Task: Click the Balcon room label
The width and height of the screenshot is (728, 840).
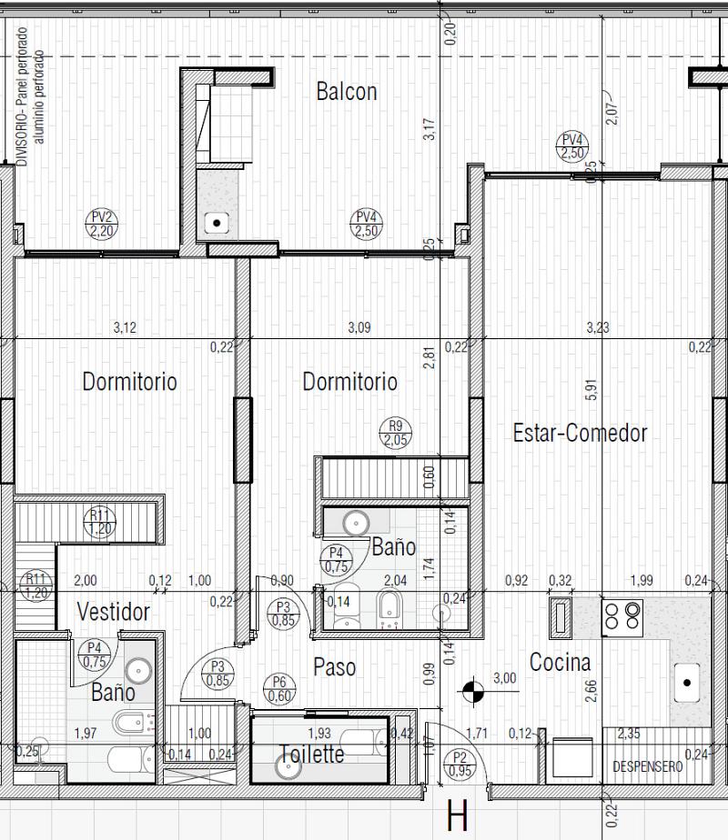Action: (346, 91)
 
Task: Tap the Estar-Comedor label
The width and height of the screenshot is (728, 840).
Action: (580, 433)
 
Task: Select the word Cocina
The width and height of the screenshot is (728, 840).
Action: (560, 663)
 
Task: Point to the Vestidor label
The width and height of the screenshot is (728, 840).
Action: (113, 612)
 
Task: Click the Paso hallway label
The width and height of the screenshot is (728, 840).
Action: (334, 667)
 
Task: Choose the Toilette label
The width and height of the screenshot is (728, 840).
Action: (311, 754)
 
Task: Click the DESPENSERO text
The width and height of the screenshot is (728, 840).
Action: (647, 767)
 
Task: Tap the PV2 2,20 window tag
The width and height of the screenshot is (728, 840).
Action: (102, 224)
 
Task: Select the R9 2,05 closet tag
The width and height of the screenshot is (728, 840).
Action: (395, 434)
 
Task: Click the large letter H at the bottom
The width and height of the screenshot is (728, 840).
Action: (457, 815)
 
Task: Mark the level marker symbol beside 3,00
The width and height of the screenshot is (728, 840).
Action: (472, 692)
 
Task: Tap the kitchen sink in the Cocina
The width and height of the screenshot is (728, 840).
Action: (687, 681)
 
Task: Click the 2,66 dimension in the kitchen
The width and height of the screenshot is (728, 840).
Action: (591, 690)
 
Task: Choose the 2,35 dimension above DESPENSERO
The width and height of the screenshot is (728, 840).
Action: (628, 734)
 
